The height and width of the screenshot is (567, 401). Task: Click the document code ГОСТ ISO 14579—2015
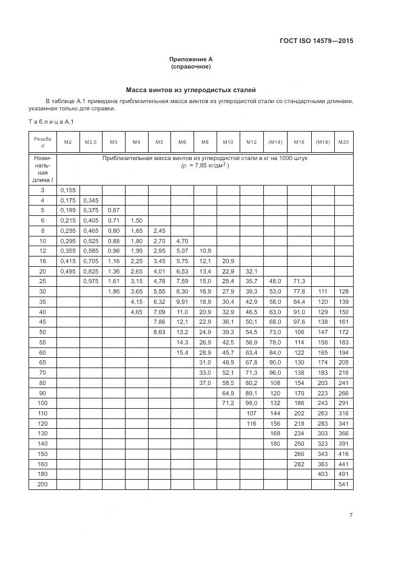pyautogui.click(x=316, y=41)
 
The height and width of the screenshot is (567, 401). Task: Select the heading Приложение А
pyautogui.click(x=190, y=59)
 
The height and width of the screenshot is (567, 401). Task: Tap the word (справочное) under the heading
pyautogui.click(x=190, y=66)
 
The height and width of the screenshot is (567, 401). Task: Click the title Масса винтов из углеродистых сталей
pyautogui.click(x=190, y=90)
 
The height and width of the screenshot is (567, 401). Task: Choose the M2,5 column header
pyautogui.click(x=90, y=142)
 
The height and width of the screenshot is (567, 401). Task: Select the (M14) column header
pyautogui.click(x=275, y=142)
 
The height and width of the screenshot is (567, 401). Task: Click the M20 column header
pyautogui.click(x=343, y=142)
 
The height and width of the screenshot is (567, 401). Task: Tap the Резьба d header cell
pyautogui.click(x=42, y=142)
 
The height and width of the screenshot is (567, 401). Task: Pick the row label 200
pyautogui.click(x=42, y=484)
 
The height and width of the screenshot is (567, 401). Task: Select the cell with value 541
pyautogui.click(x=343, y=484)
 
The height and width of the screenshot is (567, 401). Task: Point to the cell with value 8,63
pyautogui.click(x=159, y=332)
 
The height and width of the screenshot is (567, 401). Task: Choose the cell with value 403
pyautogui.click(x=322, y=474)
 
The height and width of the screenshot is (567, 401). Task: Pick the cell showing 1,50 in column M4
pyautogui.click(x=136, y=221)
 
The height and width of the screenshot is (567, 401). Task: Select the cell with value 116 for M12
pyautogui.click(x=252, y=423)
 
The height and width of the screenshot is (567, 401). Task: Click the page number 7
pyautogui.click(x=351, y=515)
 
